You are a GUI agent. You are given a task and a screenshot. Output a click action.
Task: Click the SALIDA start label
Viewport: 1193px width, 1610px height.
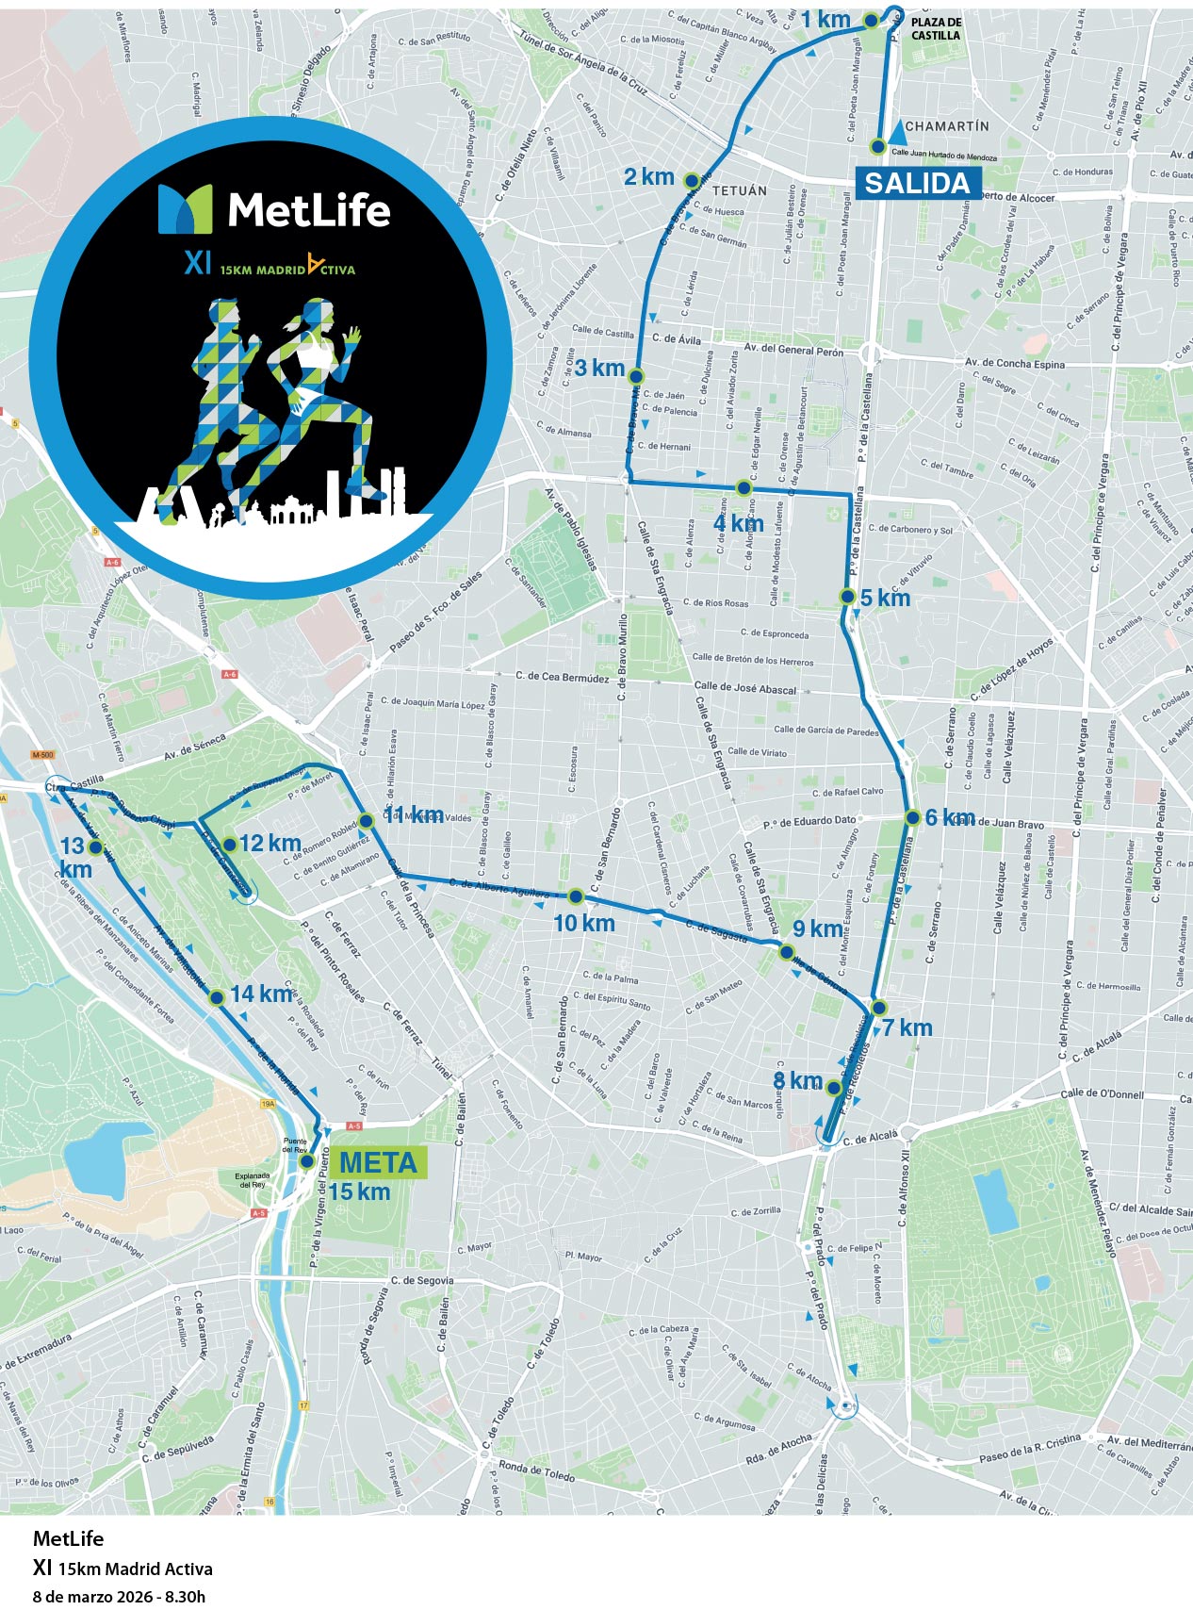coord(917,183)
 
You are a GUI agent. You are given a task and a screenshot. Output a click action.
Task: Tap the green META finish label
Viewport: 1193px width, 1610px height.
coord(378,1162)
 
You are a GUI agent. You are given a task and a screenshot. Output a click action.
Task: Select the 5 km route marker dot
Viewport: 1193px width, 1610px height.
coord(847,597)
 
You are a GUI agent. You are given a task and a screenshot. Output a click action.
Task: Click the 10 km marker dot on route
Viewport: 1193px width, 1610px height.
coord(575,895)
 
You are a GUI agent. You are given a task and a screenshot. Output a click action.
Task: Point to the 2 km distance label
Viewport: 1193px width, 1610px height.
coord(649,176)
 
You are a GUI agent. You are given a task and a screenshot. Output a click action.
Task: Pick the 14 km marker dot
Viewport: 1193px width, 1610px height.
coord(216,996)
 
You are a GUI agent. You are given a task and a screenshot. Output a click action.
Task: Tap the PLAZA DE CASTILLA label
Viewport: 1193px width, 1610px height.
coord(936,28)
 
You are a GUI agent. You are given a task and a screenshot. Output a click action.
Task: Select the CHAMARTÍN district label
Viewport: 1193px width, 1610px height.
coord(946,125)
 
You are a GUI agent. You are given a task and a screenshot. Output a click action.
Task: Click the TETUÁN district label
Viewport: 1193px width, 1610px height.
coord(740,190)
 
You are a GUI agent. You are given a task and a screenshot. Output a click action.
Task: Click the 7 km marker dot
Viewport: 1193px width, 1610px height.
coord(878,1007)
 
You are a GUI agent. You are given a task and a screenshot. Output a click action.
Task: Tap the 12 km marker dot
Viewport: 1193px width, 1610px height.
coord(229,845)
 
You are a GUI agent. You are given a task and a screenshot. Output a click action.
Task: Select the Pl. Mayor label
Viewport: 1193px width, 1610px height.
coord(583,1256)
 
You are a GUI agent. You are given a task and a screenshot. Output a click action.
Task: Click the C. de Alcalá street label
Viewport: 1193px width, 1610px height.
coord(870,1138)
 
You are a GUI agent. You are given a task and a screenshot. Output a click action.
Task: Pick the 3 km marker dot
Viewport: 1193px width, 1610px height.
coord(636,376)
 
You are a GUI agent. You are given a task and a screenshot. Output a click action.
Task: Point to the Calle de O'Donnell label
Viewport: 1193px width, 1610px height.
coord(1102,1093)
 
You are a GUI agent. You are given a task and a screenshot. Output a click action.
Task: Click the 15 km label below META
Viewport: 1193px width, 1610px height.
coord(359,1191)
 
